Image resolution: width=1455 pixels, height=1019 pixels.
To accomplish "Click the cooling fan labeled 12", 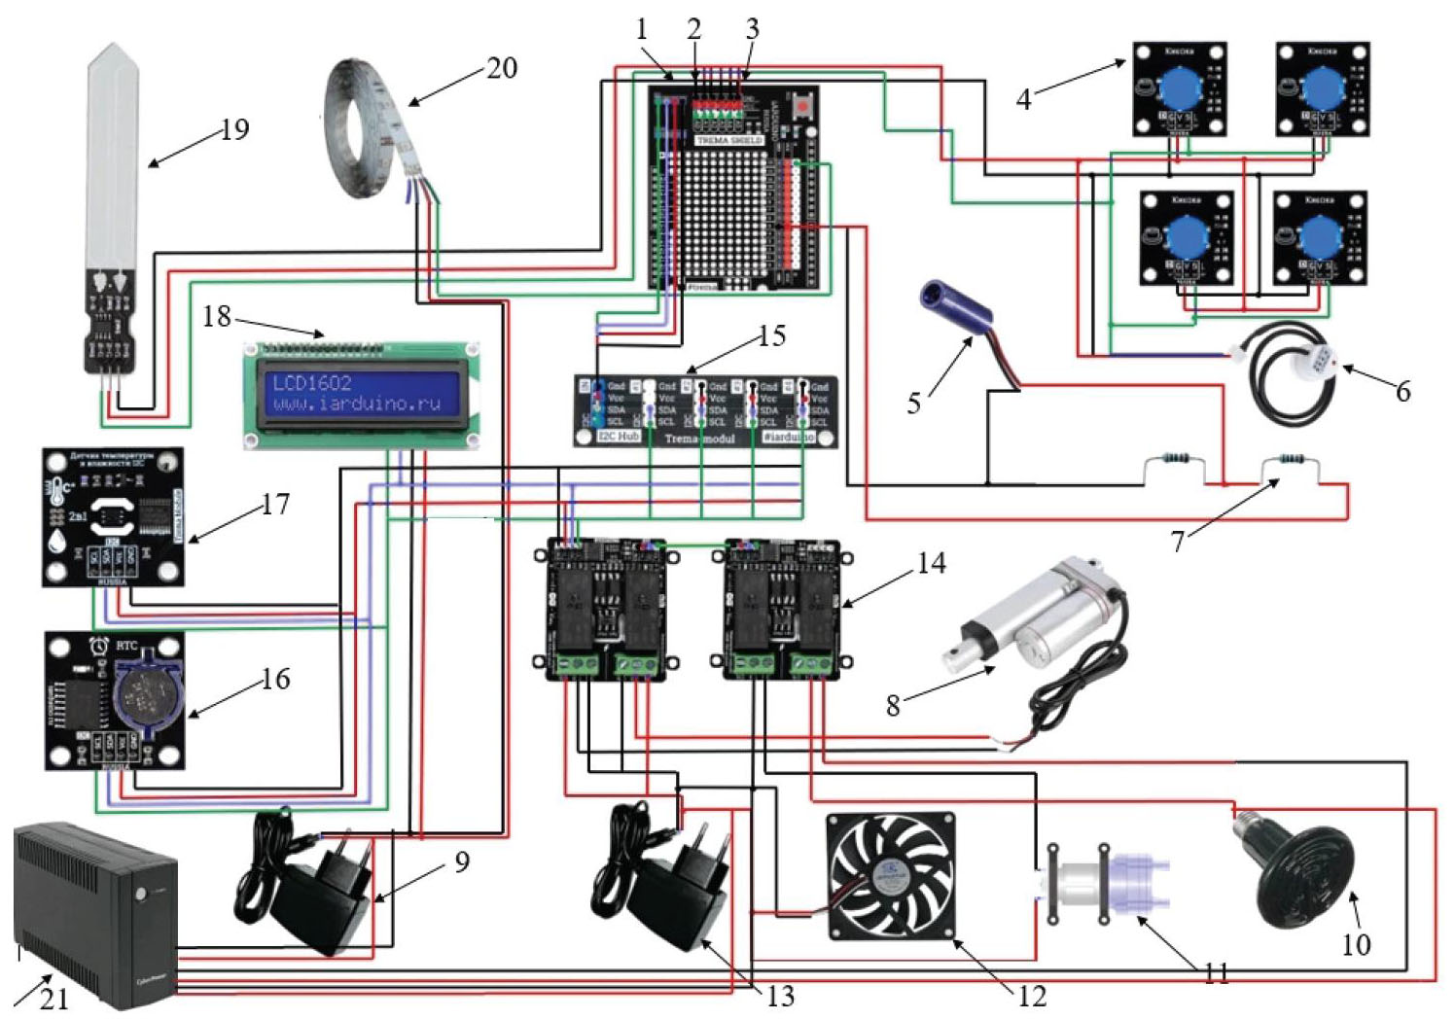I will [890, 876].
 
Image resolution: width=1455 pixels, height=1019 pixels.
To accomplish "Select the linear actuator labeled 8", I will [1031, 622].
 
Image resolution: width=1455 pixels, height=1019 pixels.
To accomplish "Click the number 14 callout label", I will [931, 563].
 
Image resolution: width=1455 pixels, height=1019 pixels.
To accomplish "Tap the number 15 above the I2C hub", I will [771, 336].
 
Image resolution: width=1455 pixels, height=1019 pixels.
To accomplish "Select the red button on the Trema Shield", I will [803, 104].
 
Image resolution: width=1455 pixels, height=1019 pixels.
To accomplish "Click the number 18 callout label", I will [217, 316].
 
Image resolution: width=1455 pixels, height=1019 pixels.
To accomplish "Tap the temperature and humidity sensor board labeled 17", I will [112, 516].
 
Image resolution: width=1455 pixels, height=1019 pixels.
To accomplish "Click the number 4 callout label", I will [1023, 99].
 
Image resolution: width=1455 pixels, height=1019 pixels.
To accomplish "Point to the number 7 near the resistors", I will [1178, 541].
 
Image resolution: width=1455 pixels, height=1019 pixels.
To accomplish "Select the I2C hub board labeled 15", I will [704, 411].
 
